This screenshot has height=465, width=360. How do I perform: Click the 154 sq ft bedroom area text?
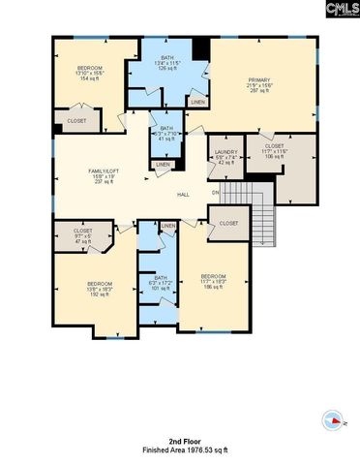90,77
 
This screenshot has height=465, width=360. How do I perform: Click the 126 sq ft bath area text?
167,69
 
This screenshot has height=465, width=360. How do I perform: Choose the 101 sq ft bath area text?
161,288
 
